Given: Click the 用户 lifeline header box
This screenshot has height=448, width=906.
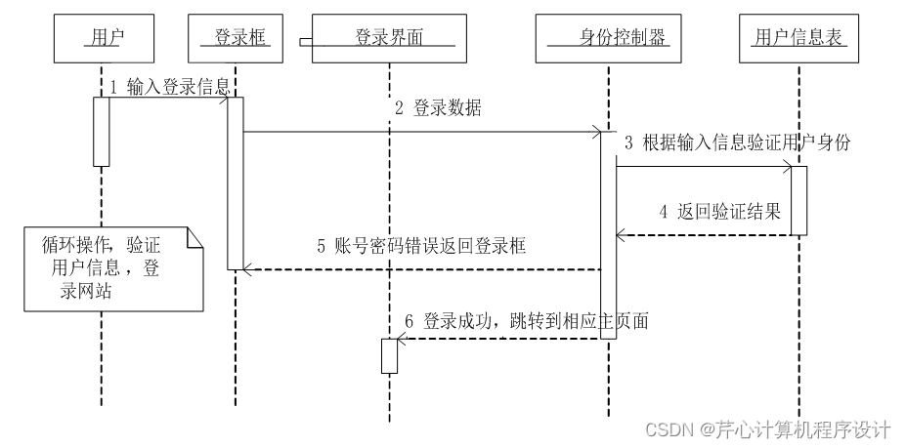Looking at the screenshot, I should click(102, 39).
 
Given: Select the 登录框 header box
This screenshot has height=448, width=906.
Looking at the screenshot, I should click(235, 39).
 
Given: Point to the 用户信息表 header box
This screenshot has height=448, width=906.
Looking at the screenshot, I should click(798, 39).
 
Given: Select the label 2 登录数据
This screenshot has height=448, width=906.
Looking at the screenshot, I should click(438, 108).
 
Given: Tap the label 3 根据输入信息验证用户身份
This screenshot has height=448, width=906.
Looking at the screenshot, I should click(737, 143).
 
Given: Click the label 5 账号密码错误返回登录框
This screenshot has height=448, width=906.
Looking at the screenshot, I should click(421, 247).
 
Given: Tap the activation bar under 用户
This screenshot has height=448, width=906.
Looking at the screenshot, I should click(102, 131).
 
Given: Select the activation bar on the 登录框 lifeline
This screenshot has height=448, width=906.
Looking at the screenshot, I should click(235, 183).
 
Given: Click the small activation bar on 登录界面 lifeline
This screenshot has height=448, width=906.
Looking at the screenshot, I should click(389, 355).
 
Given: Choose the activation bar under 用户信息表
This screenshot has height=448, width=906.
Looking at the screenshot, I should click(798, 200).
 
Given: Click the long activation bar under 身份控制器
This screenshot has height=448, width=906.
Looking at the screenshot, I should click(607, 234).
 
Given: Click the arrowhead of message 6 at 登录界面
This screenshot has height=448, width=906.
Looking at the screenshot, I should click(401, 339).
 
